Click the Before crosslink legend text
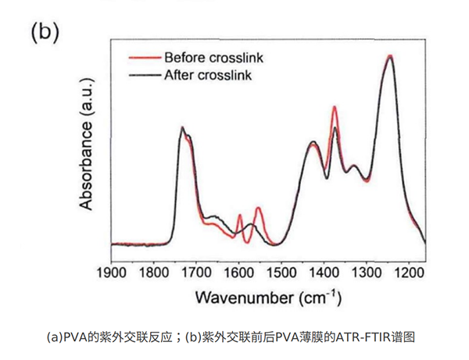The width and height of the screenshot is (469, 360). (206, 57)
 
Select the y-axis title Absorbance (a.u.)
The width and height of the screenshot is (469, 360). (87, 149)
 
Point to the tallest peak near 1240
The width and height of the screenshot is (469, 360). (390, 56)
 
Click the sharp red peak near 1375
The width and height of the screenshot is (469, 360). (335, 107)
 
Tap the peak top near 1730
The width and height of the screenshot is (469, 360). (182, 128)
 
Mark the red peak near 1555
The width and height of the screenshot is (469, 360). (258, 208)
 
